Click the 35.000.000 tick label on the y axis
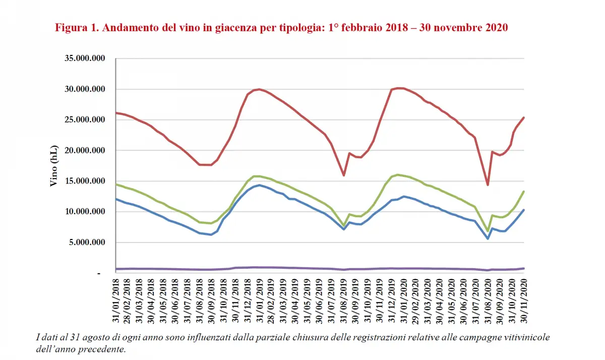pyautogui.click(x=85, y=58)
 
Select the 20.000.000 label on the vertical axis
pyautogui.click(x=85, y=151)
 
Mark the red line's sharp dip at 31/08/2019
pyautogui.click(x=344, y=175)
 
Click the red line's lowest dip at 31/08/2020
pyautogui.click(x=488, y=185)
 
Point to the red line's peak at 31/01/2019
pyautogui.click(x=259, y=89)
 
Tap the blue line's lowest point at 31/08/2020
pyautogui.click(x=488, y=238)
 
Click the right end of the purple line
pyautogui.click(x=524, y=268)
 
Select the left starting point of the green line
pyautogui.click(x=116, y=184)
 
